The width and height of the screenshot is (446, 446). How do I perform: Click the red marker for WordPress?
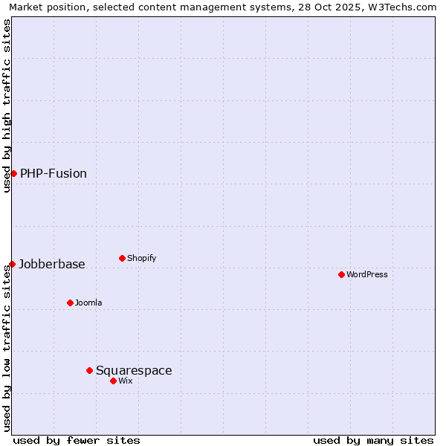pos(341,274)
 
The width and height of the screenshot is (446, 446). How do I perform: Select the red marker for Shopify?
pos(122,258)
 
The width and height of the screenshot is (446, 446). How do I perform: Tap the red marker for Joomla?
pos(70,303)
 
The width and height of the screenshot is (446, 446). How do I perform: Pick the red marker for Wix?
pos(113,381)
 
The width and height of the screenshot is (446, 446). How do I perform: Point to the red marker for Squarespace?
pos(89,370)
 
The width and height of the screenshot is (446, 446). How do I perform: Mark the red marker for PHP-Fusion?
pos(13,173)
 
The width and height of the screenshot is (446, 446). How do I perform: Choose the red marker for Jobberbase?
pos(12,264)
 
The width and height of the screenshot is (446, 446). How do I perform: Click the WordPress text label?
pos(367,274)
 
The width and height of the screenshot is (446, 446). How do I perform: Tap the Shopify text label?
pos(142,258)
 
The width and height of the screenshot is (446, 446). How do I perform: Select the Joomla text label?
pos(88,303)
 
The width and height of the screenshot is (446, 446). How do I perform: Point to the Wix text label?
pos(126,381)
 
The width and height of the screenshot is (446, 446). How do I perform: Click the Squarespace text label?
pos(134,370)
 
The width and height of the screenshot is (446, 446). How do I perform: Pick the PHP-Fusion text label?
pos(54,173)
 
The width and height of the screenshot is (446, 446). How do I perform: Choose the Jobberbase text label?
pos(52,264)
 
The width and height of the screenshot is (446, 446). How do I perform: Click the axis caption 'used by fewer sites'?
pos(77,440)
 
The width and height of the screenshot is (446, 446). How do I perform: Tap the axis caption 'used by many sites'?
pos(373,440)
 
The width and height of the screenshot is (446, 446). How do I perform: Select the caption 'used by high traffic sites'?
pos(7,106)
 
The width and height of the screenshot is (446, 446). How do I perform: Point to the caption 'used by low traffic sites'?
pos(7,348)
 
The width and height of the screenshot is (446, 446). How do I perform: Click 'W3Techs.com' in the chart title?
pos(406,7)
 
